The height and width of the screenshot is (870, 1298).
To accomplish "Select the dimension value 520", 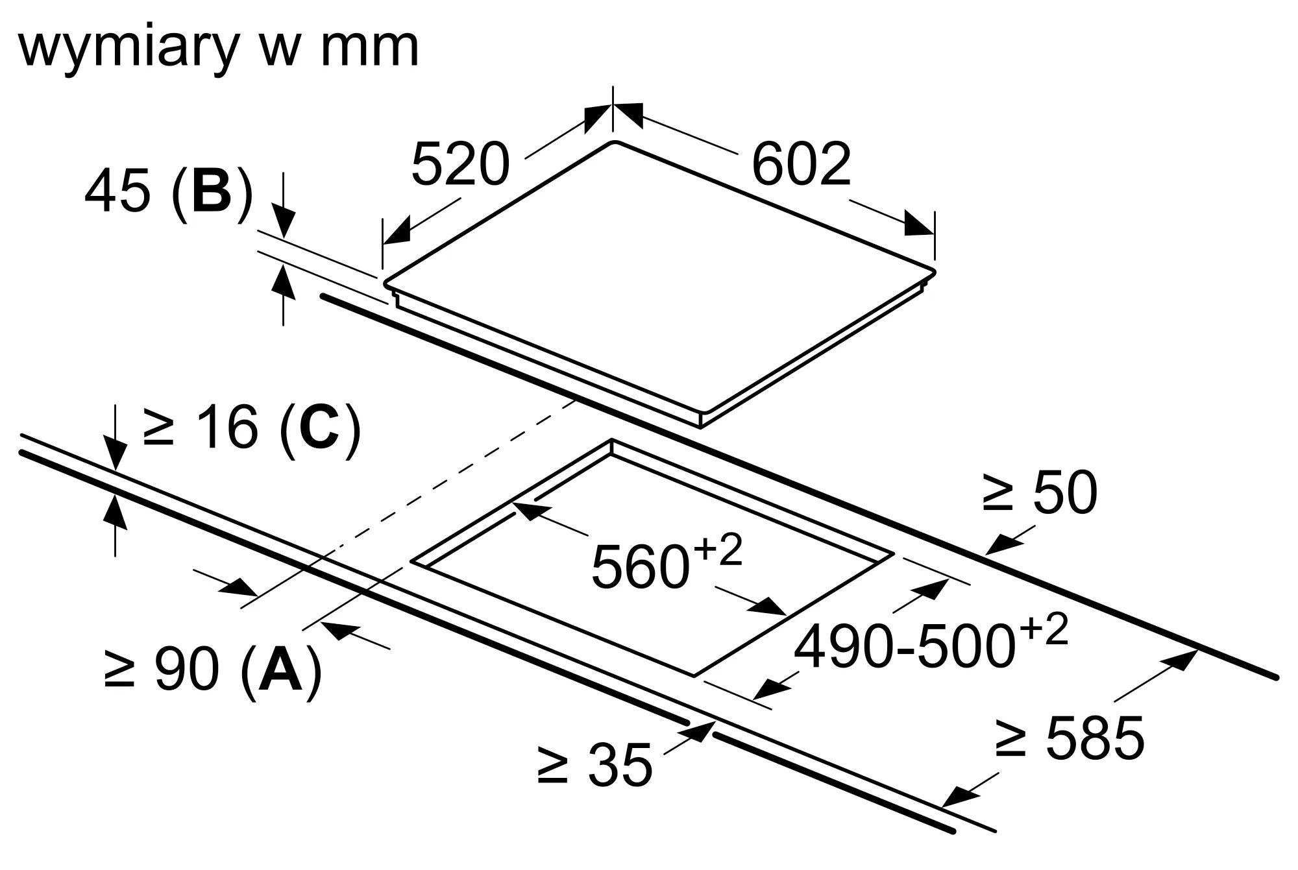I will tap(460, 164).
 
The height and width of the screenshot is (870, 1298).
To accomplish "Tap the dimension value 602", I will tap(800, 164).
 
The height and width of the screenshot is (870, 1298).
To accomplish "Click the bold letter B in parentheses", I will tap(212, 191).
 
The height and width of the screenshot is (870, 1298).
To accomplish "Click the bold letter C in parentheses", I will tap(320, 426).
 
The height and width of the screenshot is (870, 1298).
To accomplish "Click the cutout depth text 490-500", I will tap(903, 646).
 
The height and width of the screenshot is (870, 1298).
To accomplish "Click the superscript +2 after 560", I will tap(718, 551).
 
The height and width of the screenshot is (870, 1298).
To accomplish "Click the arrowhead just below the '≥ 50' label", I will tap(999, 545).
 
